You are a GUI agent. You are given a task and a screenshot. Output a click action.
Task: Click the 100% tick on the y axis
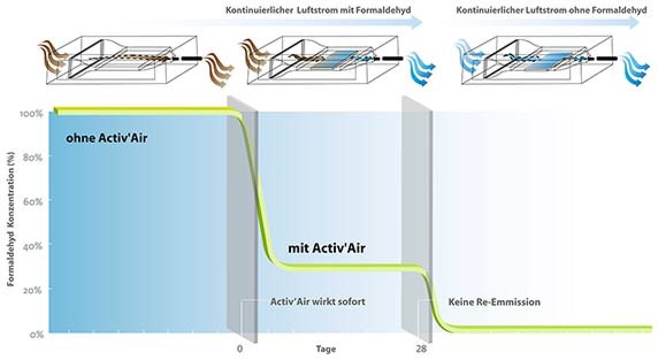(31, 114)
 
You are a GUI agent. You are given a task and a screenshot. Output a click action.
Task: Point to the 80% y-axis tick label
(32, 158)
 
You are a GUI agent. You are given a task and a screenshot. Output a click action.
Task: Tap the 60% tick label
(32, 201)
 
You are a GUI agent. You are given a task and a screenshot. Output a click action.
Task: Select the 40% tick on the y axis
(32, 246)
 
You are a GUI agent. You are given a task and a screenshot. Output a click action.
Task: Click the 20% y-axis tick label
(32, 290)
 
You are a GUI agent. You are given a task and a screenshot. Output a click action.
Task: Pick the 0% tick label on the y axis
(36, 334)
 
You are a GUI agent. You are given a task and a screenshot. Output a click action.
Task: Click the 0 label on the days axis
(240, 348)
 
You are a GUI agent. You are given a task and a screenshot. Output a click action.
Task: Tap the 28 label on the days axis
(422, 348)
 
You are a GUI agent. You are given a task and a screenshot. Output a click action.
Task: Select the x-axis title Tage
(326, 349)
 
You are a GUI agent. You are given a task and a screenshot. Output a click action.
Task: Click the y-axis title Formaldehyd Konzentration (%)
(12, 219)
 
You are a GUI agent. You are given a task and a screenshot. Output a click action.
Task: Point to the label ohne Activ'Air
(106, 138)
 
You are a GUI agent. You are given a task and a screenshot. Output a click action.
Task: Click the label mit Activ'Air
(327, 248)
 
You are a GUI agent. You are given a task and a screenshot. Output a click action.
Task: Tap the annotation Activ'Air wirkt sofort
(317, 302)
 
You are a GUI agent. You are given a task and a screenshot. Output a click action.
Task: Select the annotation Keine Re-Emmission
(494, 302)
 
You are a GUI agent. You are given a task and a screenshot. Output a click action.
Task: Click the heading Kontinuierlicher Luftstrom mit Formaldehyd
(319, 10)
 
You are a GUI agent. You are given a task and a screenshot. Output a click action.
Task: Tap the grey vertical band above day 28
(417, 218)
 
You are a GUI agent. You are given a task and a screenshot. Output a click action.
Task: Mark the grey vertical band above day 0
(242, 218)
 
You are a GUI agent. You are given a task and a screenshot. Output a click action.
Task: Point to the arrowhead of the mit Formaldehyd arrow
(416, 22)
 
